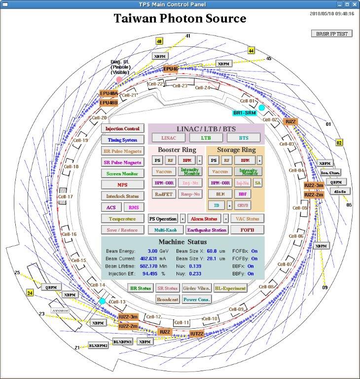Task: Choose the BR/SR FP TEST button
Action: click(x=332, y=34)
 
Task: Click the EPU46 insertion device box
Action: click(x=171, y=69)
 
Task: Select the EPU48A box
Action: click(x=108, y=93)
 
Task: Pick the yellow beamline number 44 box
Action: click(x=252, y=51)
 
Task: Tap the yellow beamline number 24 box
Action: click(x=30, y=293)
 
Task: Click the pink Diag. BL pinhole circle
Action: click(x=119, y=79)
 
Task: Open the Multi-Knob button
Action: click(x=166, y=230)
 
